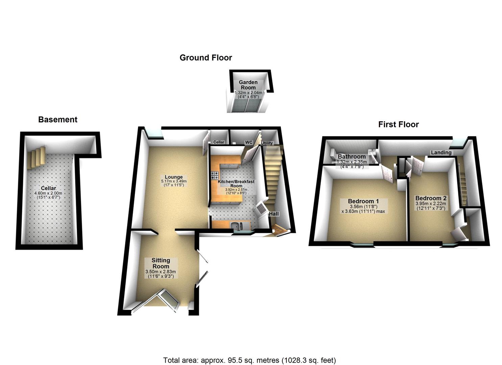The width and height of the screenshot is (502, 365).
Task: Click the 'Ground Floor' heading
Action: [x=206, y=58]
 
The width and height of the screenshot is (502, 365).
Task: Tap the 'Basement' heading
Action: [x=58, y=120]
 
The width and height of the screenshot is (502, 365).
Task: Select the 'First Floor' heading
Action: [x=398, y=125]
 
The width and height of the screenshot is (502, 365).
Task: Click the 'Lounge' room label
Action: [x=174, y=177]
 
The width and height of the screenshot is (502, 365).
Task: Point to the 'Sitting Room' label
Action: [x=161, y=263]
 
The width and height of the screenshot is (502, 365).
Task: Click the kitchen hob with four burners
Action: [x=215, y=175]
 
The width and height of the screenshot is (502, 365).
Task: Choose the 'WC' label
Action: [x=249, y=142]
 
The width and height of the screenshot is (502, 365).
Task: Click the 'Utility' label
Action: [x=267, y=143]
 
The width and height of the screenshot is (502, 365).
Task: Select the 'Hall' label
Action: [x=274, y=214]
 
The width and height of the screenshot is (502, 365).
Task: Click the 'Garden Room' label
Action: [x=248, y=85]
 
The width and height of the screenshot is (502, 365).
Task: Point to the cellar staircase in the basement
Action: [x=36, y=156]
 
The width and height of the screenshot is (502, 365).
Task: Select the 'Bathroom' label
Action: [x=352, y=156]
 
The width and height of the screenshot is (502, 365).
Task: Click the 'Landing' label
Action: [x=441, y=152]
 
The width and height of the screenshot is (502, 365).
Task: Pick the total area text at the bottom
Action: [x=249, y=360]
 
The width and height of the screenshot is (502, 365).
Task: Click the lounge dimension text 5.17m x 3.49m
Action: [x=174, y=181]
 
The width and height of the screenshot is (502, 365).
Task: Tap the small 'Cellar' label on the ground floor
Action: [x=219, y=142]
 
